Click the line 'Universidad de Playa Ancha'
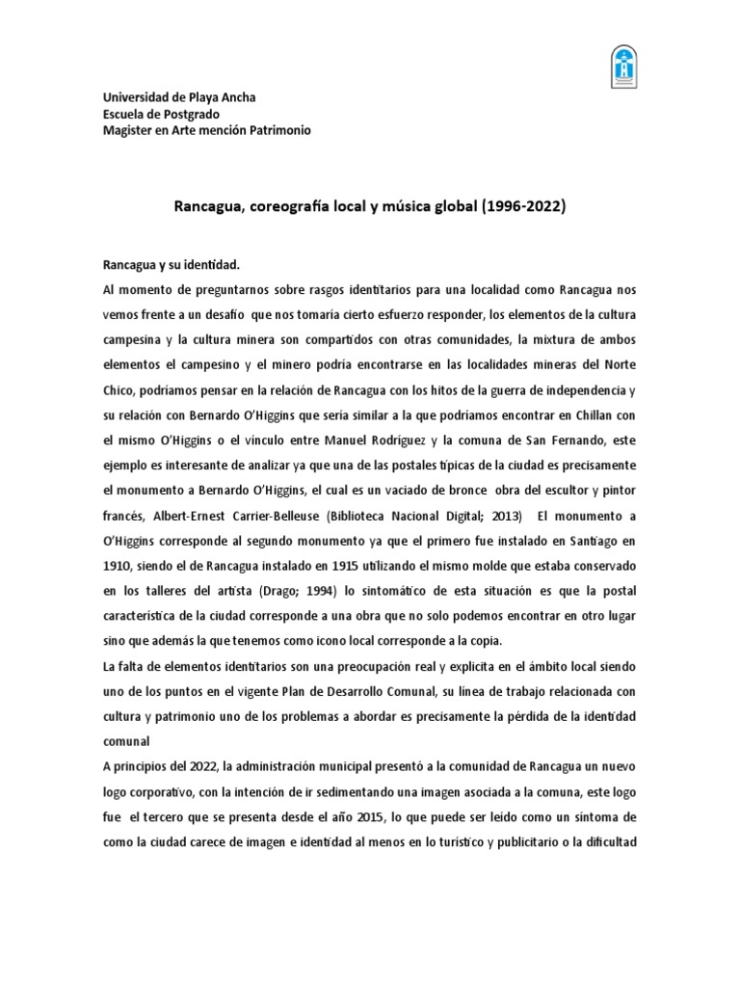pyautogui.click(x=179, y=97)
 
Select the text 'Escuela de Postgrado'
pyautogui.click(x=162, y=114)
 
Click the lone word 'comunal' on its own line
pyautogui.click(x=127, y=741)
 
